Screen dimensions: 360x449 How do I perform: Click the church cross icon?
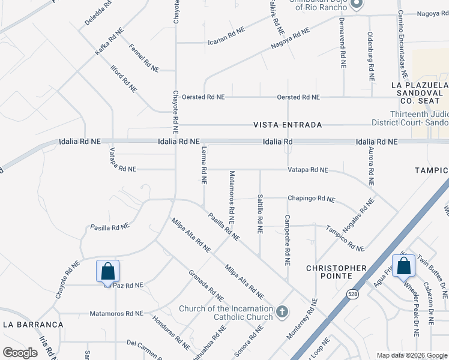(x=283, y=312)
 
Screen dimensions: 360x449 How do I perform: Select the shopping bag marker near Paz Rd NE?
(x=107, y=271)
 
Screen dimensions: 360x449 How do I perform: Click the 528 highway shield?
(x=352, y=294)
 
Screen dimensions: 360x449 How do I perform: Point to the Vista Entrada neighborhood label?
(x=288, y=125)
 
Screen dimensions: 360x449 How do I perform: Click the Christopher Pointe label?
(x=336, y=271)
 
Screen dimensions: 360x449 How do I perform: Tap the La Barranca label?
(x=33, y=324)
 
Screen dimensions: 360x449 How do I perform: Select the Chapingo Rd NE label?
(x=311, y=199)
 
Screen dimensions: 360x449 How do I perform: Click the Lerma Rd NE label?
(x=204, y=165)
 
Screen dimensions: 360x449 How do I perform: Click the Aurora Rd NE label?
(x=370, y=165)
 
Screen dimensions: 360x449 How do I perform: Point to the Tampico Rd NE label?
(x=345, y=238)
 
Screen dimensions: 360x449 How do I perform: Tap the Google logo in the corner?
(x=20, y=353)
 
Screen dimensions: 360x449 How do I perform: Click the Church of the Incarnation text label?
(x=226, y=313)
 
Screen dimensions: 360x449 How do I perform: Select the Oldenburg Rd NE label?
(x=370, y=56)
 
